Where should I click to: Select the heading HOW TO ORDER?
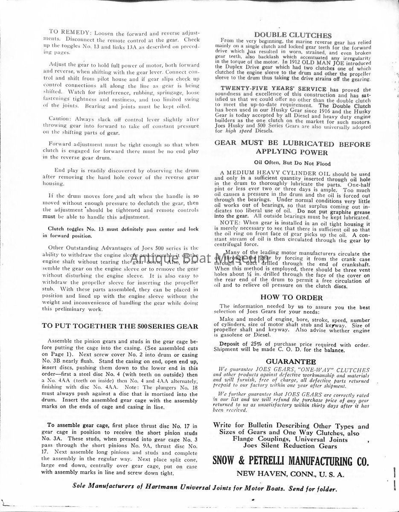(x=292, y=298)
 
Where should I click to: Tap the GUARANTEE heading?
(x=291, y=361)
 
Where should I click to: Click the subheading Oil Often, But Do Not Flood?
(x=292, y=163)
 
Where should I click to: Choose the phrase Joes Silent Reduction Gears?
(x=290, y=446)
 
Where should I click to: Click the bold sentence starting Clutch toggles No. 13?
(x=124, y=229)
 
